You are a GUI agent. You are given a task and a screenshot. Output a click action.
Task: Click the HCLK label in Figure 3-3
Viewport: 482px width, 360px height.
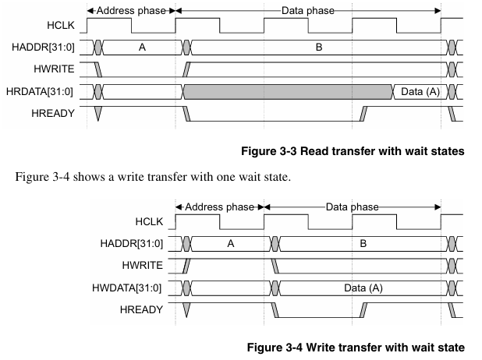pos(61,25)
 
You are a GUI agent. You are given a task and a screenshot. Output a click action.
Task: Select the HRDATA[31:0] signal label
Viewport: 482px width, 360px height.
pos(40,91)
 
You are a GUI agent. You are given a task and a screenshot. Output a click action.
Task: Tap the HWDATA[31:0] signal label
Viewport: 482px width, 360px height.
pos(126,288)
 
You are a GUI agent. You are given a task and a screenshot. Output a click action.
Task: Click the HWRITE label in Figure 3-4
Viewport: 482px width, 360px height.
pos(142,265)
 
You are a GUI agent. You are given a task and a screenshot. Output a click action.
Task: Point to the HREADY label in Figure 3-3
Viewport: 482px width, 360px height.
pos(53,113)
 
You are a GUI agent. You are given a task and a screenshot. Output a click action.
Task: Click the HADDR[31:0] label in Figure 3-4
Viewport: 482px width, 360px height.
pos(132,244)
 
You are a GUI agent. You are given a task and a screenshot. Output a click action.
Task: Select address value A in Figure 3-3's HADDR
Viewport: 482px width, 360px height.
pos(142,48)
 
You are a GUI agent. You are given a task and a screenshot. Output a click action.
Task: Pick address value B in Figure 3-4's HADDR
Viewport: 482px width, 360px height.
pos(363,244)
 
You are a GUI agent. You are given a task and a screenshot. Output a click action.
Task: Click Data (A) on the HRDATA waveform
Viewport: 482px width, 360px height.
pos(420,91)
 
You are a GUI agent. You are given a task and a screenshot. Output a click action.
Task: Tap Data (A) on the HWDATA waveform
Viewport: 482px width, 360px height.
pos(363,288)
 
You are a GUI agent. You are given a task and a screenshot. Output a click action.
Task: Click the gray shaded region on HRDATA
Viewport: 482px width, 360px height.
pos(288,92)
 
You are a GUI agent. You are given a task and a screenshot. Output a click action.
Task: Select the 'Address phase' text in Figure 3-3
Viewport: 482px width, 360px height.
pos(131,11)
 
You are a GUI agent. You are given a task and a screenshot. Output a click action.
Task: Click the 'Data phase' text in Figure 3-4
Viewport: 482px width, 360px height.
pos(353,207)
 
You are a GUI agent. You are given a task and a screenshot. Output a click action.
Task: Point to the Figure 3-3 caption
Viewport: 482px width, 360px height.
pos(353,151)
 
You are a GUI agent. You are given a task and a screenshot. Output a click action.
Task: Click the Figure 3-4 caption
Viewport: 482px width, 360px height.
pos(356,348)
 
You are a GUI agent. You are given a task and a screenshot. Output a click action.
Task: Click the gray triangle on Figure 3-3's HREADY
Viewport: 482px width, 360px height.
pos(97,113)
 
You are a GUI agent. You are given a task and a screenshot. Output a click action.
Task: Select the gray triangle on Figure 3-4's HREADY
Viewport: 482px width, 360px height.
pos(186,309)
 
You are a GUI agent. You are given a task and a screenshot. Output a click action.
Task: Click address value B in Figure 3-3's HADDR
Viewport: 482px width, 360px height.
pos(319,48)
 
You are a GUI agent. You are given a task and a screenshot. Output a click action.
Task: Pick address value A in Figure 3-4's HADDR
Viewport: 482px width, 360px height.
pos(231,244)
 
